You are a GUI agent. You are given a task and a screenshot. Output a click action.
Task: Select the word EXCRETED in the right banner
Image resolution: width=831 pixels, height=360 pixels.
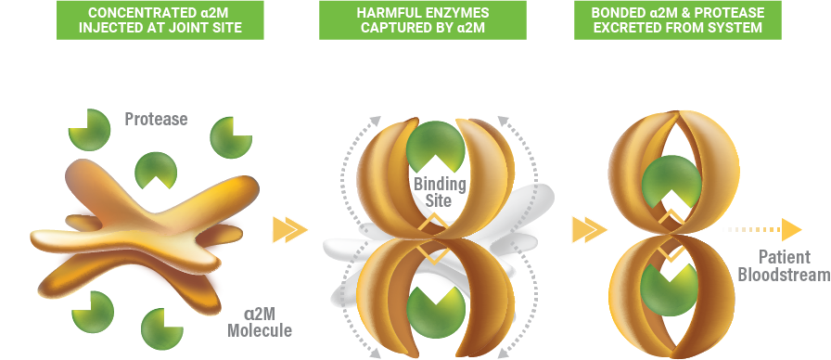coord(631,29)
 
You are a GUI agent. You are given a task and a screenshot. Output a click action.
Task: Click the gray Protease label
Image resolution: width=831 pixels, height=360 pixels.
coord(156,119)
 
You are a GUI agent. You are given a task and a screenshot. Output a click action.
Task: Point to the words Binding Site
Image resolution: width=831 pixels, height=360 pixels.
coord(440,191)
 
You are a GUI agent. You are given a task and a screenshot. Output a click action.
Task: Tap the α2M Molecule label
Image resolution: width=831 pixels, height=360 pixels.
coord(261,321)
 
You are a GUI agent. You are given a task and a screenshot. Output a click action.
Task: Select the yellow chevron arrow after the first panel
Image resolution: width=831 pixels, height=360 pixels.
coord(289,229)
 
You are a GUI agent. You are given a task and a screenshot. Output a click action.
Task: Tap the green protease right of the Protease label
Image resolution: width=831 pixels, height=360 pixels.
coord(228,137)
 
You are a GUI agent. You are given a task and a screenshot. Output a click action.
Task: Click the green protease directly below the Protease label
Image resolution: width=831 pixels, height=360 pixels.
coord(155,171)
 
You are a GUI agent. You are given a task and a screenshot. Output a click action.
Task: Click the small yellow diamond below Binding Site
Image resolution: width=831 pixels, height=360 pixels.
coord(434,225)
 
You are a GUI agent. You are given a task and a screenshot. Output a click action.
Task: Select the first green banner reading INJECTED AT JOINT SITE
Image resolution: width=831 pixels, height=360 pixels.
coord(160,20)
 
